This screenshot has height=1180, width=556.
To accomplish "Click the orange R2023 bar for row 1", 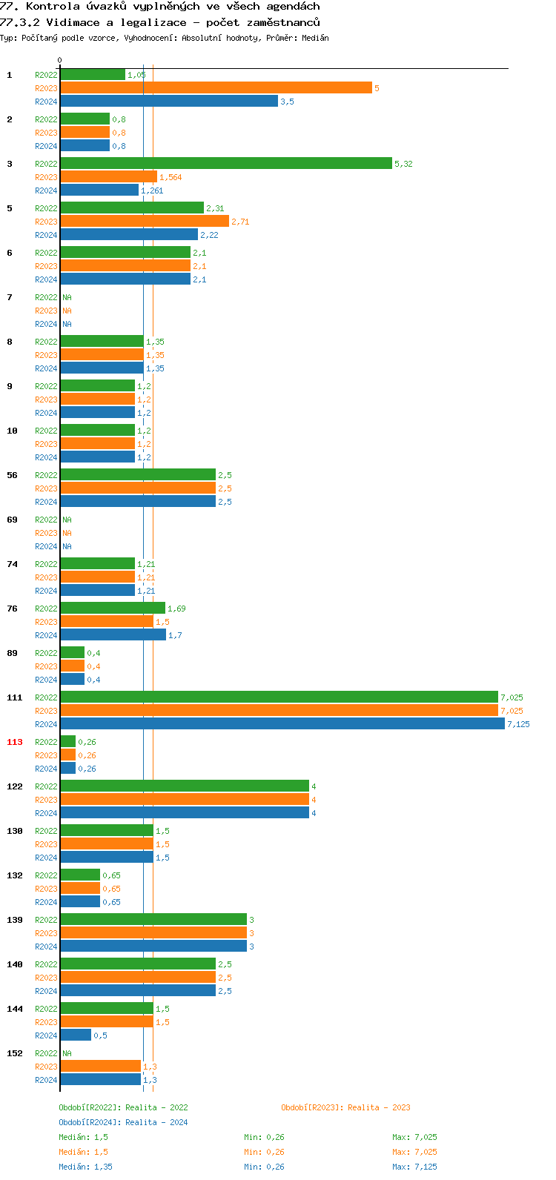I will coord(216,88).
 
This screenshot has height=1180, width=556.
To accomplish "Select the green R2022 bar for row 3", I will coord(226,164).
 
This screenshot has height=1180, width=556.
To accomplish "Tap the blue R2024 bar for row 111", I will coord(282,724).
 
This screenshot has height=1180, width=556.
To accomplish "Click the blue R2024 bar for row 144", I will coord(76,1035).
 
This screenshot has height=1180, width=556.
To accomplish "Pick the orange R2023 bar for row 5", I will coord(145,222).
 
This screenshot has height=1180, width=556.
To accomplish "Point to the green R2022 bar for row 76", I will coord(113,609).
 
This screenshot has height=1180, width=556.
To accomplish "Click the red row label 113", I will coord(15,742).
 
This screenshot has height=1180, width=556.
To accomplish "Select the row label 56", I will coord(13,475).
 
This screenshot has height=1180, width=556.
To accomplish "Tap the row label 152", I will coord(15,1053).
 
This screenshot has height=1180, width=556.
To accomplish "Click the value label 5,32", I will coord(403,164).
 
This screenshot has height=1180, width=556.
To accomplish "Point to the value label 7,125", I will coord(518,724).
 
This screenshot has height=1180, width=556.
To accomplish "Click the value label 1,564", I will coord(171,177).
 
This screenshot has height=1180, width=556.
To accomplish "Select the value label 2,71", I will coord(240,222).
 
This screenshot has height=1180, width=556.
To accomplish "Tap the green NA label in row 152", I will coord(67,1053).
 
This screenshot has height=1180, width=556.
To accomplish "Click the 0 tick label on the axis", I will coord(60,61).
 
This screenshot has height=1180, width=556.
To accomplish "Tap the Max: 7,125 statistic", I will coord(414,1167).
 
